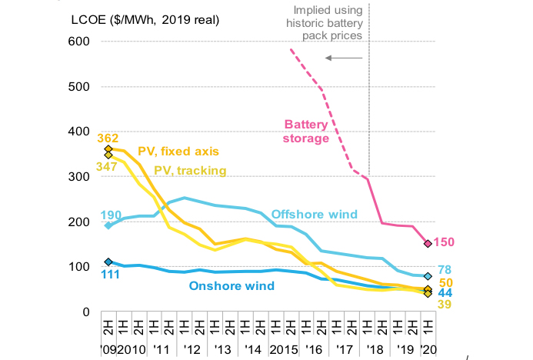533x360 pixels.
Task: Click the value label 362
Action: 107,138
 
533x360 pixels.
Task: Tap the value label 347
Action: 107,165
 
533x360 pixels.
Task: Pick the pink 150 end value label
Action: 445,243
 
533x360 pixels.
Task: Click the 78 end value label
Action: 444,269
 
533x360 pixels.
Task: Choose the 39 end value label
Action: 444,305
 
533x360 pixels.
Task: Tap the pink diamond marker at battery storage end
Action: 428,244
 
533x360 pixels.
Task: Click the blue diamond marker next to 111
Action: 108,262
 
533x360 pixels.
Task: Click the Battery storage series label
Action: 306,131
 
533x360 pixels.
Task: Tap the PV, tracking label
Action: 190,170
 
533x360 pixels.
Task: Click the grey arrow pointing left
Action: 344,58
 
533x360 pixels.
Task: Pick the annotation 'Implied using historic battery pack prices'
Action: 328,23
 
